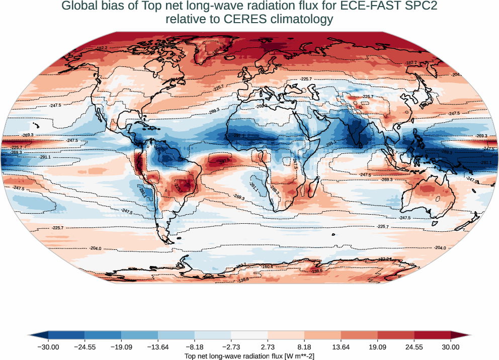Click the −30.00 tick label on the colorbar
point(48,347)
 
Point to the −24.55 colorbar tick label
point(85,347)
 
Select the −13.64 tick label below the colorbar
point(158,347)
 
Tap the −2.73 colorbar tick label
point(231,347)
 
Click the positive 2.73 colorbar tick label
point(268,347)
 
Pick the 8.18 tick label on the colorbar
point(304,347)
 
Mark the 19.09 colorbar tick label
point(377,347)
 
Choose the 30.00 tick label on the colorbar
point(451,347)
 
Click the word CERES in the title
point(233,20)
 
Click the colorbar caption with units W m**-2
point(249,356)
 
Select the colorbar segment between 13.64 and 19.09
point(359,335)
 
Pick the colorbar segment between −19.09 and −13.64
point(140,335)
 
